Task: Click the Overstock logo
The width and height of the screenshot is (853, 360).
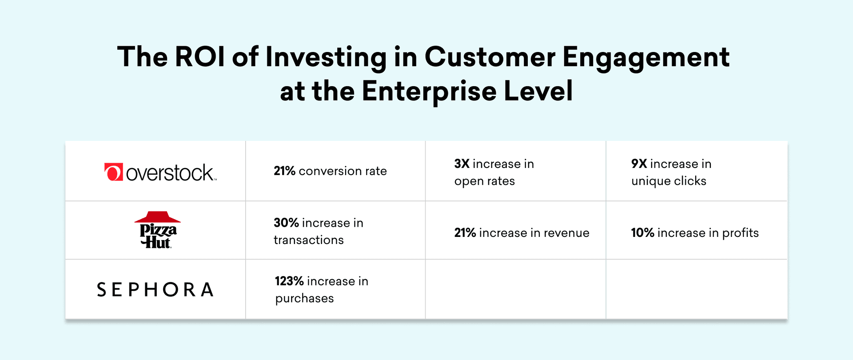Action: pos(160,172)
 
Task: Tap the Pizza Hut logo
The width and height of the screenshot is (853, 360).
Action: pos(158,230)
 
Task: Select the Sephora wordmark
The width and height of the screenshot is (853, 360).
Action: pos(155,290)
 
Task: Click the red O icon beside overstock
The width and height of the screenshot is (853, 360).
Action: pos(113,172)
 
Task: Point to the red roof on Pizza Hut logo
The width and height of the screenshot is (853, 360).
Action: pos(158,217)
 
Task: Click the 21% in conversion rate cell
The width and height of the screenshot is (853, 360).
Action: pos(284,171)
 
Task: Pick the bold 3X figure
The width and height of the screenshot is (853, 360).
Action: pos(462,164)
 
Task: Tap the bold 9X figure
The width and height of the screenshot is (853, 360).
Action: pos(639,164)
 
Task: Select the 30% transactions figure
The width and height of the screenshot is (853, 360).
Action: pos(286,223)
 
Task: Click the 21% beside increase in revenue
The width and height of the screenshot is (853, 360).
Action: pos(465,233)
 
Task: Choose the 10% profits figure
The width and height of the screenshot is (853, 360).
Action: pos(642,233)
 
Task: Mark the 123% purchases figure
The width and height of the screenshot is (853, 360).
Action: pos(289,281)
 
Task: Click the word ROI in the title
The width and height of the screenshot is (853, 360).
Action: pos(200,57)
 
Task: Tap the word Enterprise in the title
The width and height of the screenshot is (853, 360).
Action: pos(429,92)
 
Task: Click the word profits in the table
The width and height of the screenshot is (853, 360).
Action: pos(740,233)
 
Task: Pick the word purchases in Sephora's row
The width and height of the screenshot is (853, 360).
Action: pos(304,299)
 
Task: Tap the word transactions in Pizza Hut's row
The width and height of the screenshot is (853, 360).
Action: pos(309,240)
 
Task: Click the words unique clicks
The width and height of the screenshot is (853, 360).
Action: pos(669,181)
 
